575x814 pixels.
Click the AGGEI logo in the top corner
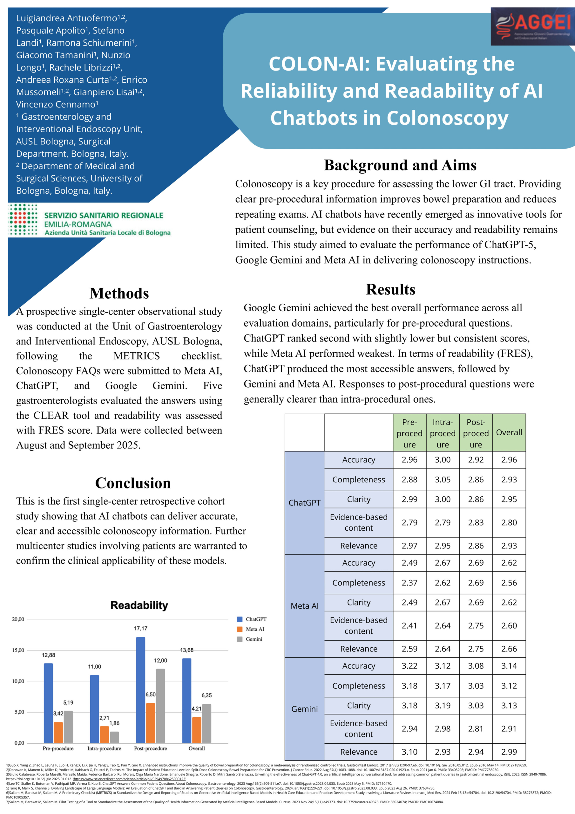[x=532, y=26]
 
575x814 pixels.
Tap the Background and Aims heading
[x=400, y=165]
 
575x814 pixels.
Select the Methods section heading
[x=119, y=293]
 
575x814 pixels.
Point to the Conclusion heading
[x=133, y=483]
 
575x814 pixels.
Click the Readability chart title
[x=139, y=605]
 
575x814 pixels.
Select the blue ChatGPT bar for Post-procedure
[x=141, y=690]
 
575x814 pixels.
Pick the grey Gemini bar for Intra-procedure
[x=114, y=737]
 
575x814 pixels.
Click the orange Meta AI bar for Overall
[x=197, y=730]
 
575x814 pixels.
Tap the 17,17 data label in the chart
[x=141, y=629]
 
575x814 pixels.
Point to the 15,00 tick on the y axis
[x=18, y=650]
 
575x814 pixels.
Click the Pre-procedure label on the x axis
[x=58, y=748]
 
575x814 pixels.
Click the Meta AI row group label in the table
[x=304, y=606]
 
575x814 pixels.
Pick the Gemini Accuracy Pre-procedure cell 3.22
[x=409, y=666]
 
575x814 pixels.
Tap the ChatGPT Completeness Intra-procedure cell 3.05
[x=443, y=480]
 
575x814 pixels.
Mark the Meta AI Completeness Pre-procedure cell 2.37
[x=409, y=583]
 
